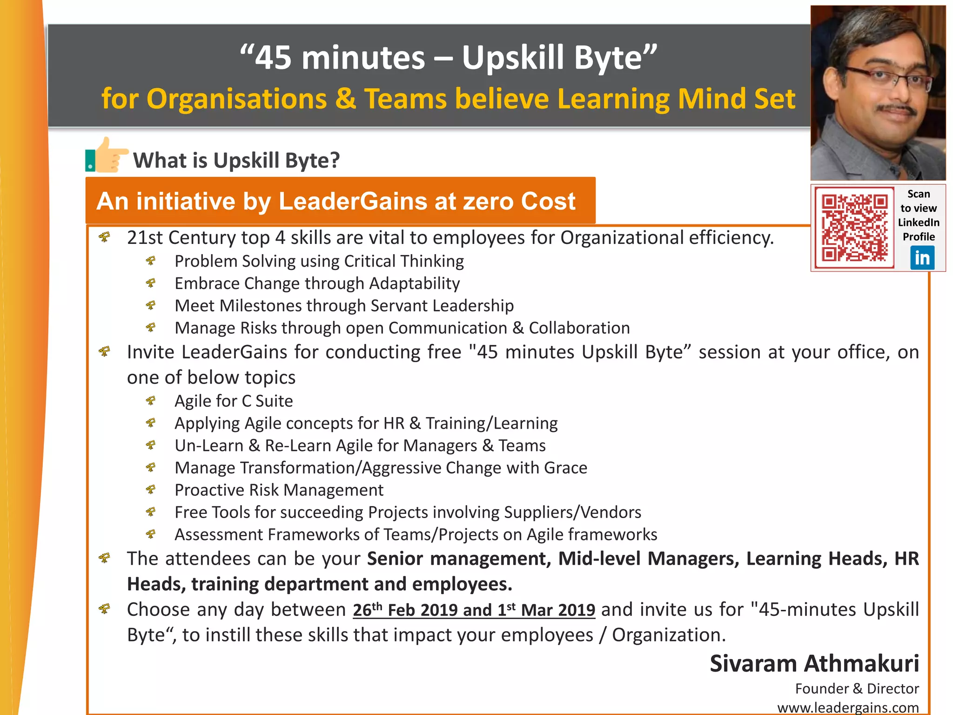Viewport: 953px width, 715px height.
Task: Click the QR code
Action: tap(854, 228)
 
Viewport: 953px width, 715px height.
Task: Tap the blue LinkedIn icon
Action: tap(922, 257)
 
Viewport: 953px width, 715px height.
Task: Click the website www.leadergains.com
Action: tap(848, 708)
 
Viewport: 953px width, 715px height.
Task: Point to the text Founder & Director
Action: tap(857, 688)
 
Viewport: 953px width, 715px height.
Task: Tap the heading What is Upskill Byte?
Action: tap(236, 161)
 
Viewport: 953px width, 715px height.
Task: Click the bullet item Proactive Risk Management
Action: tap(279, 490)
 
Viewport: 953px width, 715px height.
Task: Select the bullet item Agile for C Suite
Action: tap(234, 401)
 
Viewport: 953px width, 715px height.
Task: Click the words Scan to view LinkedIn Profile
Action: tap(918, 215)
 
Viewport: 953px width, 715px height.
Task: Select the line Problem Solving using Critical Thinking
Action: tap(319, 261)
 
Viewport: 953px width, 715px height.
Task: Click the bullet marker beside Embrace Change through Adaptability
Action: tap(151, 283)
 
